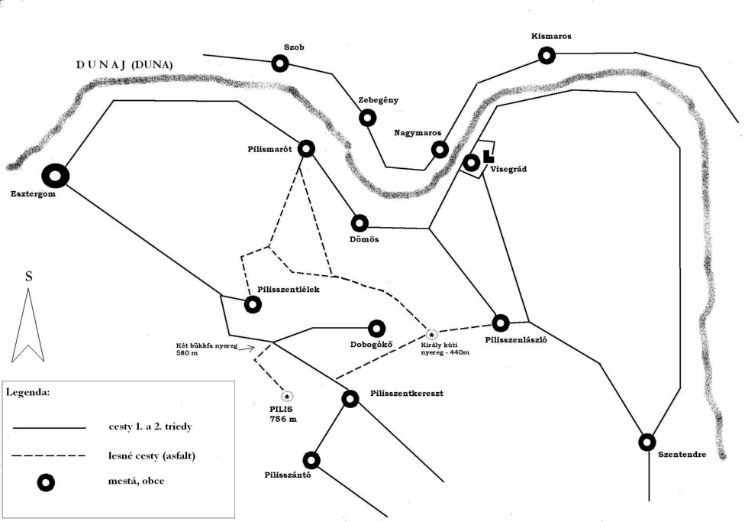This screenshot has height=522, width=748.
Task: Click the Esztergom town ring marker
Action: pyautogui.click(x=55, y=177)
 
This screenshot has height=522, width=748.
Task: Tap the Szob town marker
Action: pyautogui.click(x=280, y=64)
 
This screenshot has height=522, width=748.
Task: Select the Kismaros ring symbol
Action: pyautogui.click(x=546, y=55)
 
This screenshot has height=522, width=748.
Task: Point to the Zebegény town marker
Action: pyautogui.click(x=368, y=118)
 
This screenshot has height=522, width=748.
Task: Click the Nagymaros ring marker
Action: pyautogui.click(x=439, y=149)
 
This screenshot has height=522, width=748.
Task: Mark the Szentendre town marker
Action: pyautogui.click(x=646, y=442)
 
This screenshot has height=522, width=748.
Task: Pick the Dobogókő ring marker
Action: pyautogui.click(x=377, y=329)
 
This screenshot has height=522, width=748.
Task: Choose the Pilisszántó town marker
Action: pyautogui.click(x=311, y=460)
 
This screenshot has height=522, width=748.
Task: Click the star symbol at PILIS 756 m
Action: pyautogui.click(x=287, y=396)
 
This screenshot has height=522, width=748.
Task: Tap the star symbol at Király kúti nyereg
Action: pyautogui.click(x=431, y=334)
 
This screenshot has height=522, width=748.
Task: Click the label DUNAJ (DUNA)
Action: pyautogui.click(x=124, y=65)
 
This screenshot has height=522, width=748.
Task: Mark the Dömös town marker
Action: pyautogui.click(x=360, y=222)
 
